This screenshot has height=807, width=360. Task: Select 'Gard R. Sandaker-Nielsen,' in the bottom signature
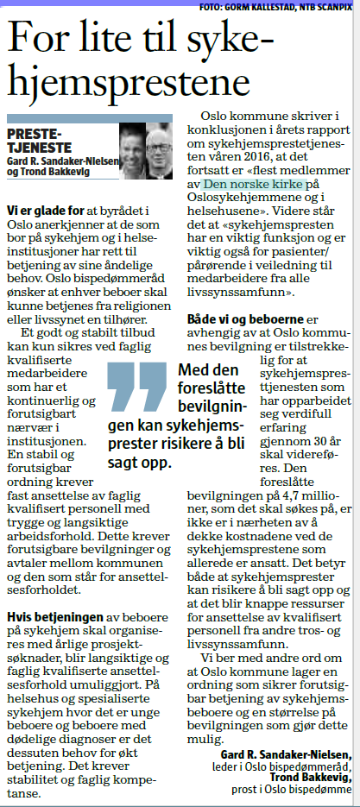(282, 755)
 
